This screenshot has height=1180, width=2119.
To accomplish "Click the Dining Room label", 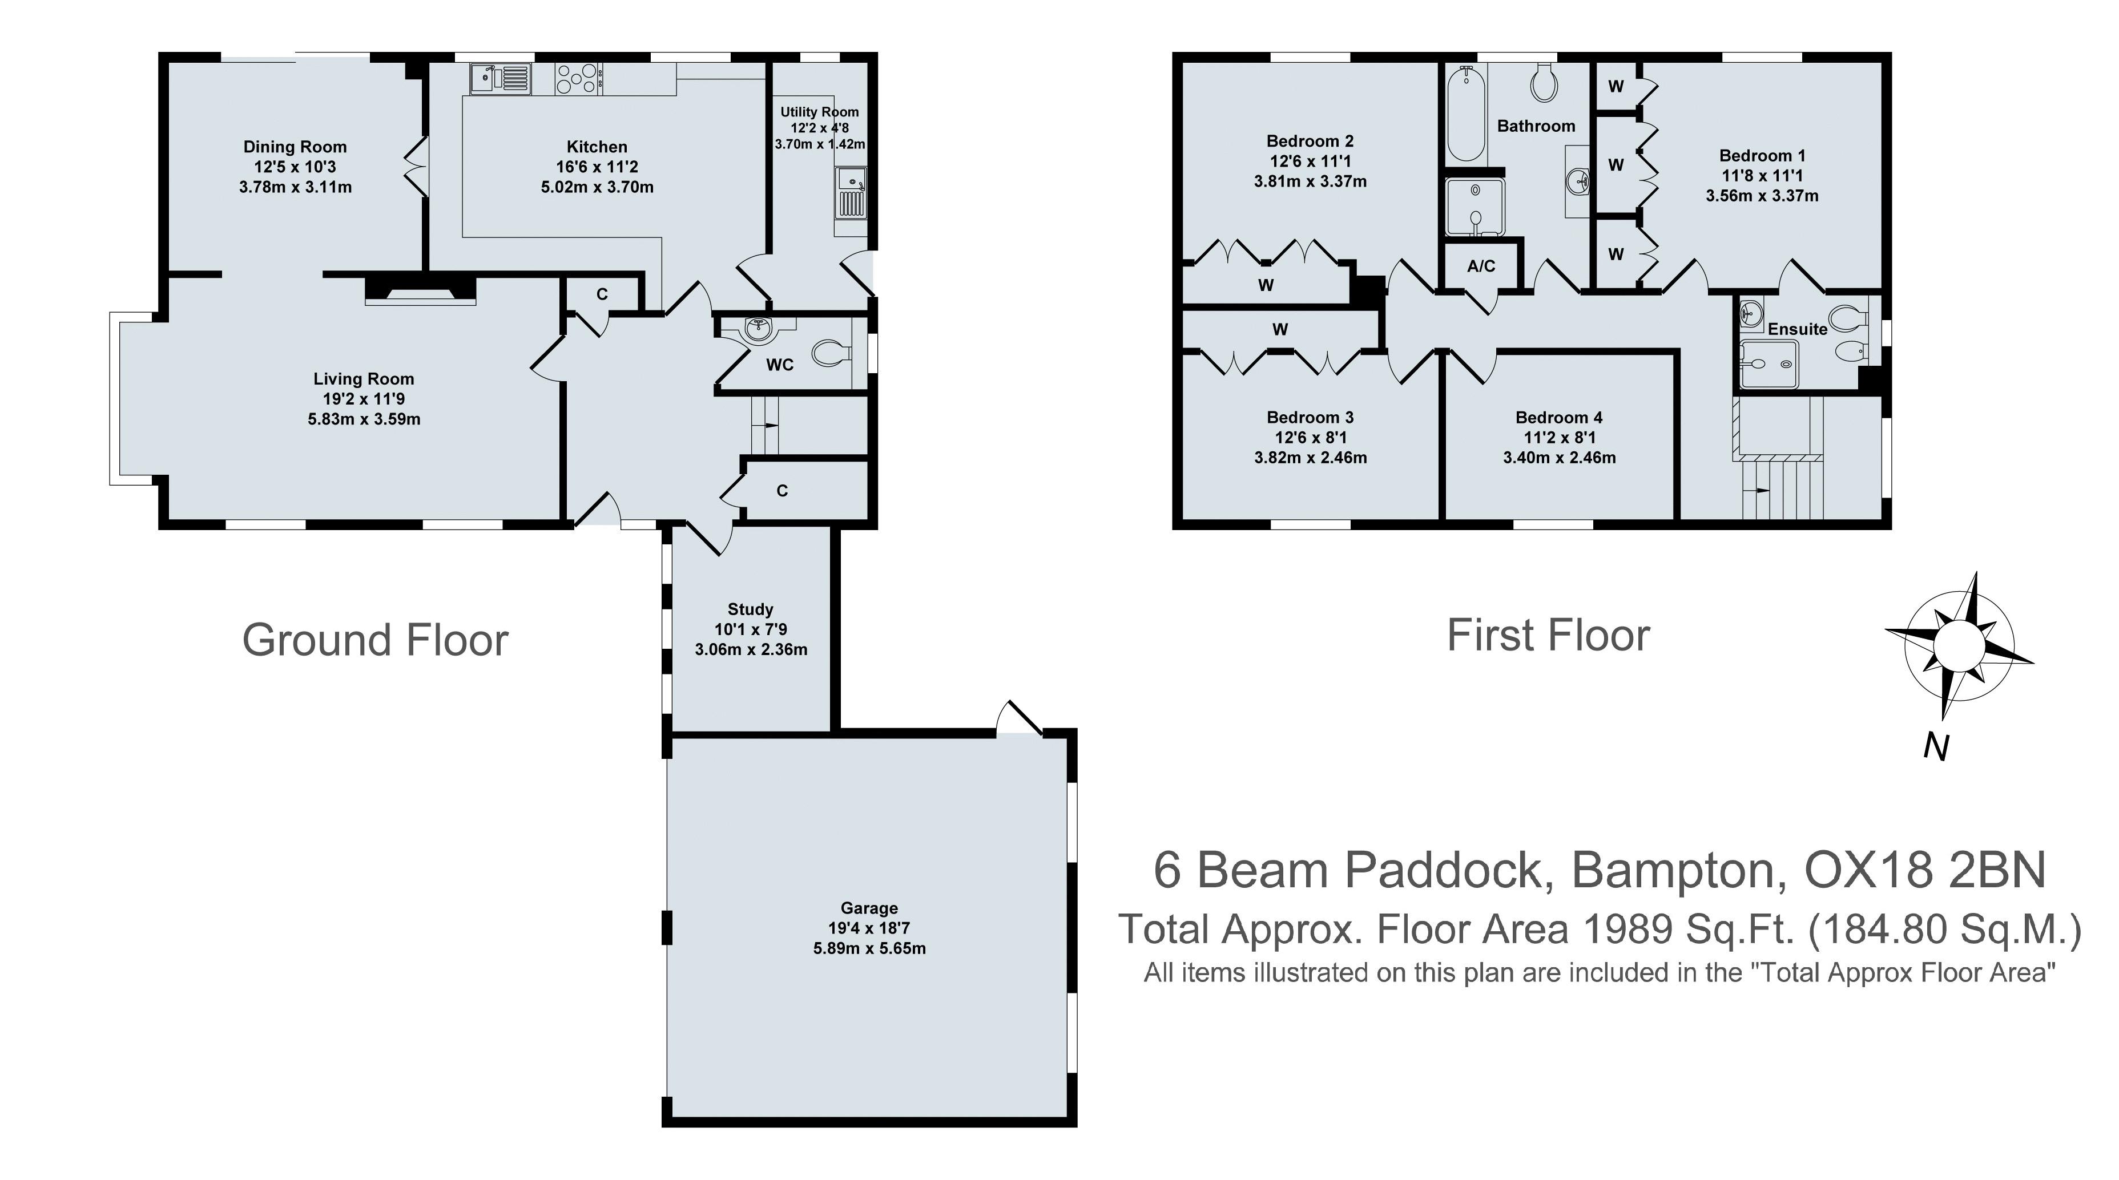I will (295, 147).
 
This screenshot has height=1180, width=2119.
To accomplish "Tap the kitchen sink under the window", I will (499, 79).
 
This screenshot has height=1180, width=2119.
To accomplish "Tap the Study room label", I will (750, 609).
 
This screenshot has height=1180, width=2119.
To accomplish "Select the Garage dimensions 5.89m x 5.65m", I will (869, 948).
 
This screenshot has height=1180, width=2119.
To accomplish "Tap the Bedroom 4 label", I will (1559, 418).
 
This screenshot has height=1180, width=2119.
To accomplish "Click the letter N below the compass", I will (1936, 747).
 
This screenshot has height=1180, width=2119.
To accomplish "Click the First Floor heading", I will (1548, 636).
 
